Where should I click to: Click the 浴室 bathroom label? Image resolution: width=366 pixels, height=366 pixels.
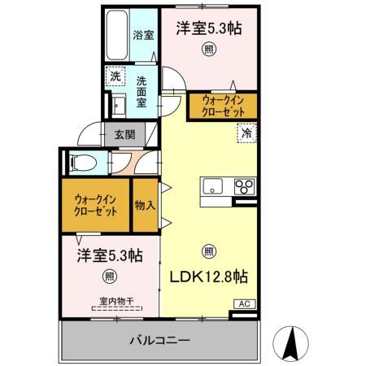click(x=142, y=36)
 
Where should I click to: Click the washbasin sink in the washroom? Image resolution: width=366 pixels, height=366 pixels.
click(x=116, y=106)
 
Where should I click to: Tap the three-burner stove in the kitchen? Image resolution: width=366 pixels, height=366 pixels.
click(x=245, y=186)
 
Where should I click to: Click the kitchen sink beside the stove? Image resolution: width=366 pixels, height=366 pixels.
click(x=213, y=185)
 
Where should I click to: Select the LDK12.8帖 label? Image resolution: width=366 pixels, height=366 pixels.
click(x=208, y=276)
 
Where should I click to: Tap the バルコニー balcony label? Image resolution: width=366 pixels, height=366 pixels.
click(x=159, y=340)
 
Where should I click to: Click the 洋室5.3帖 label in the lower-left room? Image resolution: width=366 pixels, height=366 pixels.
click(x=110, y=255)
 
